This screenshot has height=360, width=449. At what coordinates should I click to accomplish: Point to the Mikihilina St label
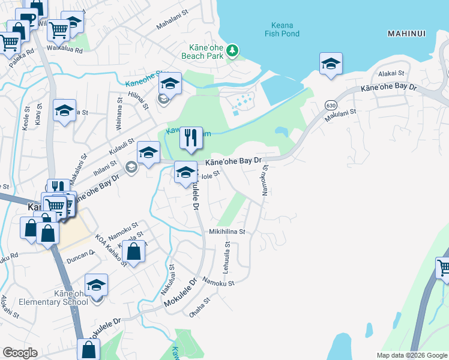click(227, 231)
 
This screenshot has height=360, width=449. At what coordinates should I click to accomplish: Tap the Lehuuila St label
click(227, 257)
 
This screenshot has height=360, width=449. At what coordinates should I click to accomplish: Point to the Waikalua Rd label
click(64, 50)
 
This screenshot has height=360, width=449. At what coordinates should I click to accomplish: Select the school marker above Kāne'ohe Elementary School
click(95, 285)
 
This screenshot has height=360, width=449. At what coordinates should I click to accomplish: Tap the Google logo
click(19, 353)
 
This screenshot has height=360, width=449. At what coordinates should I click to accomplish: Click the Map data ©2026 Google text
click(411, 355)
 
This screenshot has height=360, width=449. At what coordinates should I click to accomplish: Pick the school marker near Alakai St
click(331, 64)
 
